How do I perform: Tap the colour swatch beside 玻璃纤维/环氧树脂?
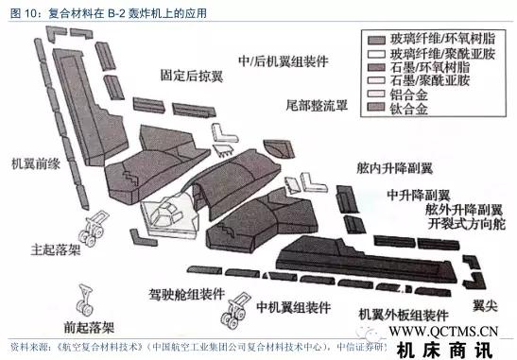point(374,38)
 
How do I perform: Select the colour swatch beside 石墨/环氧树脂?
point(374,67)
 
